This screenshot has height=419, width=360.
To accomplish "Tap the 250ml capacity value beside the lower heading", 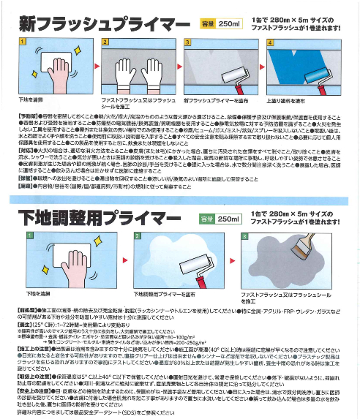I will [x=229, y=219].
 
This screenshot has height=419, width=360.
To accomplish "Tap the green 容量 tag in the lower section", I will [x=206, y=219].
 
